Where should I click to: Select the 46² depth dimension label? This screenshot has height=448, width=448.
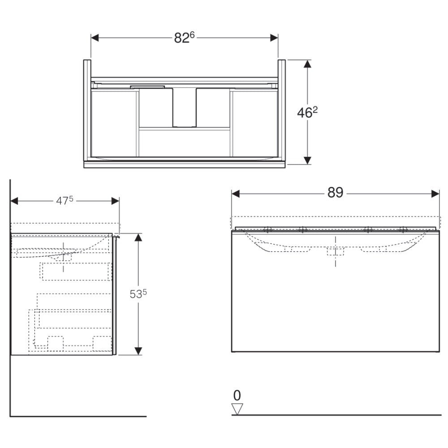click(x=307, y=112)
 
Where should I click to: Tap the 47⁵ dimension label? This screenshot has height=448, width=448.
click(x=65, y=201)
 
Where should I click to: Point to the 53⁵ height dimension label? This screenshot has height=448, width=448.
click(x=138, y=294)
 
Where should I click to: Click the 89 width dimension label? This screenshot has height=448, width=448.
click(x=335, y=193)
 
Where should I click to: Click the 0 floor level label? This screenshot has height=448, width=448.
click(x=237, y=396)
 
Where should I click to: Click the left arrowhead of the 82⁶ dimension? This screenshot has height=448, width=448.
click(x=95, y=38)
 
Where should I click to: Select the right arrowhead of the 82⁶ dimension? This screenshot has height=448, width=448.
click(x=274, y=38)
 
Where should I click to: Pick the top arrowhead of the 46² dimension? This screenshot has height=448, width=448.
click(x=307, y=64)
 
